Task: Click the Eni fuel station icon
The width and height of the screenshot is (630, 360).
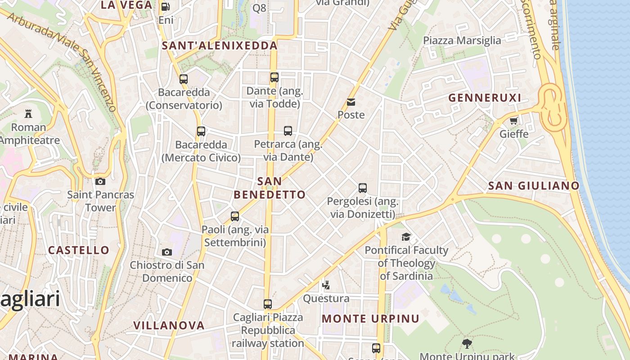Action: point(166,7)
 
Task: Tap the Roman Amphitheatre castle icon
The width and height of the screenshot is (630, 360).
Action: point(29,113)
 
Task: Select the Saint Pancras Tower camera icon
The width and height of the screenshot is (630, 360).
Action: point(100,181)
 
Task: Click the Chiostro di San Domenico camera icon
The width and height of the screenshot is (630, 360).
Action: point(167,252)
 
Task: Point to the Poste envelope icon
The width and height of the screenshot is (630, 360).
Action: point(351,102)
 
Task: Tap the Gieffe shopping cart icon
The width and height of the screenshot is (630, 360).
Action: point(514,121)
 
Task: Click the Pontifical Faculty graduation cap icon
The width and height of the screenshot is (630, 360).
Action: point(406,237)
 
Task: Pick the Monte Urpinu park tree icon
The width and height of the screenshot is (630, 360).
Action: point(467,344)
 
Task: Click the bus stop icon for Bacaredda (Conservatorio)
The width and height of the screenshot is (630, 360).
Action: point(184,79)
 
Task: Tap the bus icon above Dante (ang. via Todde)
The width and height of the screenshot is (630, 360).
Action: point(274,77)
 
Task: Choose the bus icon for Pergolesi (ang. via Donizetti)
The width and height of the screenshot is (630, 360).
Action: point(363,188)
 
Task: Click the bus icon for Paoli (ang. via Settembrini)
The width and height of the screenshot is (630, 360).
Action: point(235,216)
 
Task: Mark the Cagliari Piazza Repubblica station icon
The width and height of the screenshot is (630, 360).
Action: point(268,304)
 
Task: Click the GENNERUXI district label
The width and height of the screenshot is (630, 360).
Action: point(485,98)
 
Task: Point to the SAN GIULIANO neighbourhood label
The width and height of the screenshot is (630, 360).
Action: point(534,185)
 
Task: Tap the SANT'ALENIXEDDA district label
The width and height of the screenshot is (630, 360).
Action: point(220,45)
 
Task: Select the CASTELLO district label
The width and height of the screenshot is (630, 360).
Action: point(79,250)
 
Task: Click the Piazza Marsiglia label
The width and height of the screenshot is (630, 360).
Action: point(462,40)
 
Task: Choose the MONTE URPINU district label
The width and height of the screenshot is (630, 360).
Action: point(370,319)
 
